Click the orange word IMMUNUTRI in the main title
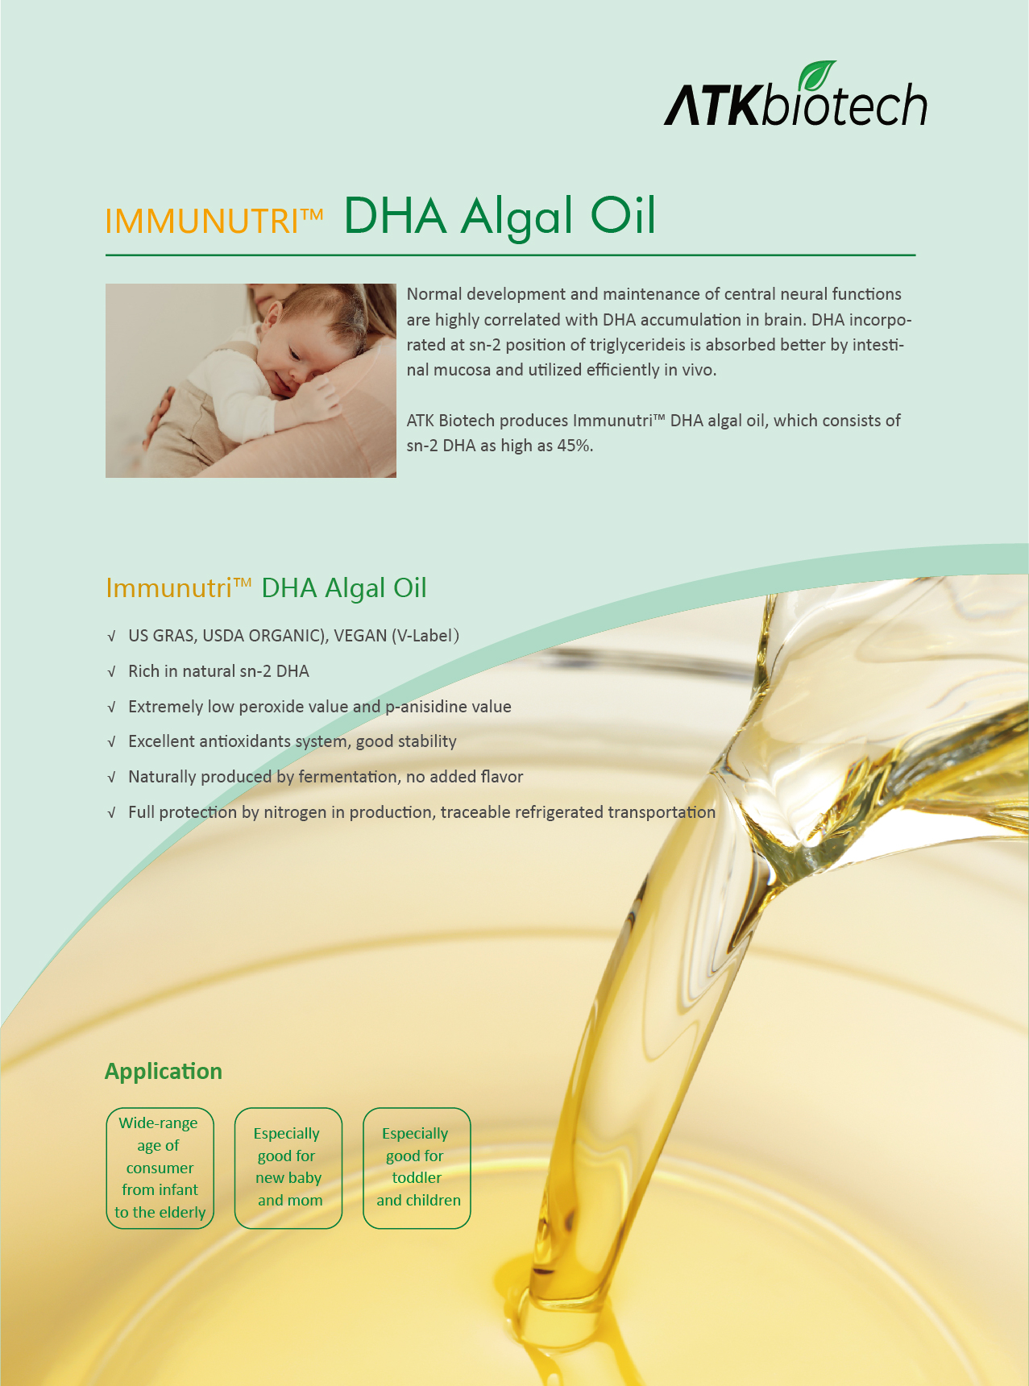click(x=203, y=221)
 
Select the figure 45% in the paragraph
click(x=575, y=446)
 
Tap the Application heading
click(x=164, y=1071)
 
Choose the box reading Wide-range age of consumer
click(x=160, y=1168)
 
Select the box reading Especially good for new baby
click(x=288, y=1168)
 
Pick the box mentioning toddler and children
click(x=417, y=1168)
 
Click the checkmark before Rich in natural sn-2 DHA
click(x=112, y=672)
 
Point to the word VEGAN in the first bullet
click(x=360, y=636)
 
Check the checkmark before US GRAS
click(x=112, y=637)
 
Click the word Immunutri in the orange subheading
click(x=169, y=588)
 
